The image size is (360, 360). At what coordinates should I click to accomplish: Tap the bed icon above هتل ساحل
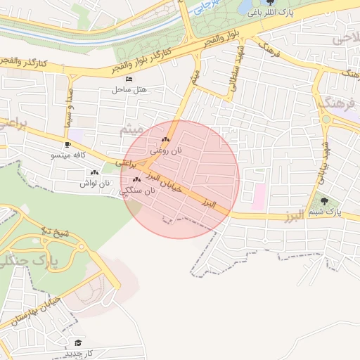127,79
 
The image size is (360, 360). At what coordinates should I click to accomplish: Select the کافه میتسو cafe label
68,154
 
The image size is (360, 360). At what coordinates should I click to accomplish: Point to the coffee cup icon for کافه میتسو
67,144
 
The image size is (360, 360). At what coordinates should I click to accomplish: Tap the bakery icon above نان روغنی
166,141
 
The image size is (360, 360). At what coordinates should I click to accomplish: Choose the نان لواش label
95,183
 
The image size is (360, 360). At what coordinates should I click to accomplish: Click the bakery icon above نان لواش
95,173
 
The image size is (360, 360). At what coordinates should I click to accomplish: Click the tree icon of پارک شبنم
324,201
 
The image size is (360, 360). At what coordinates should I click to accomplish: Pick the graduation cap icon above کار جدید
77,342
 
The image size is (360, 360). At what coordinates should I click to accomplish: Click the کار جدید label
78,352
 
